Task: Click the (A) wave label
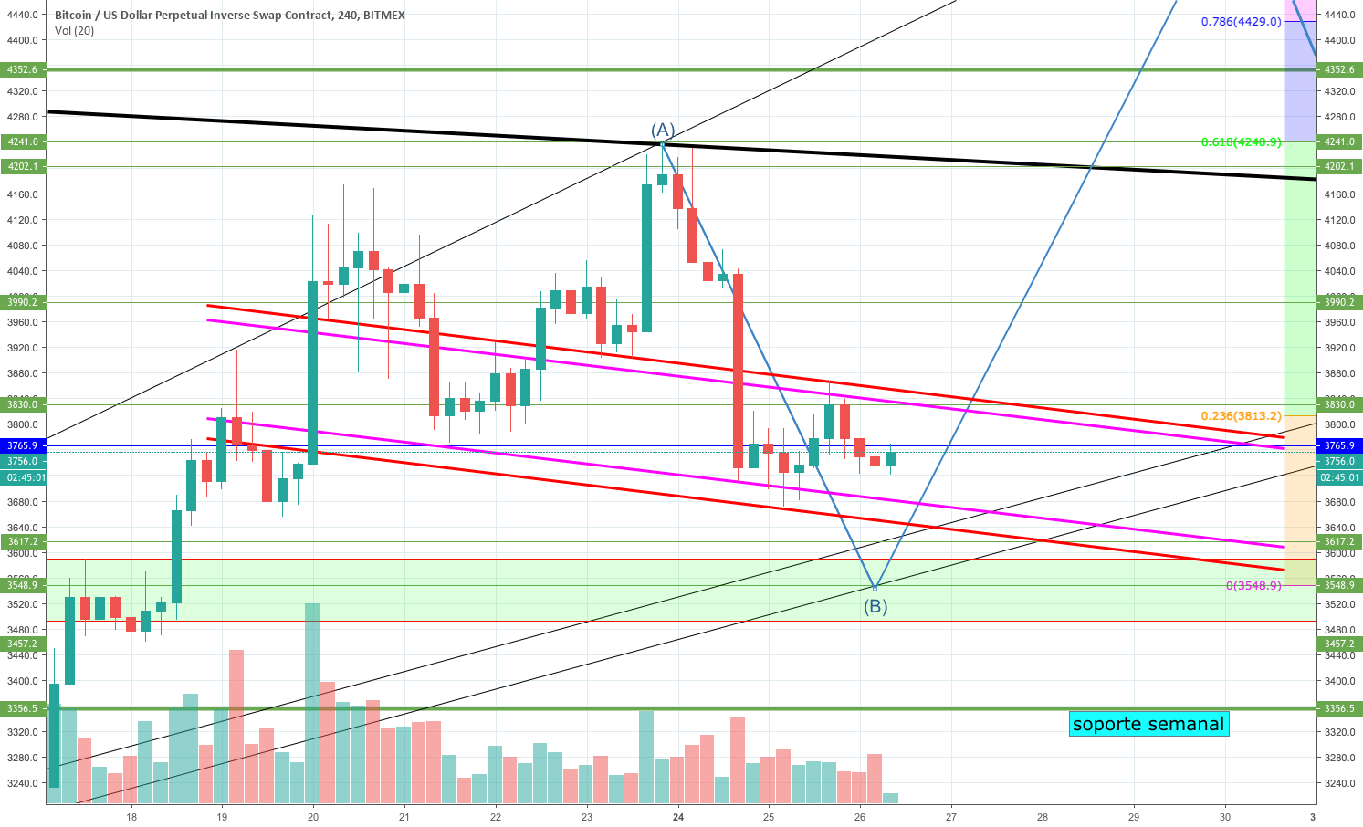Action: point(663,130)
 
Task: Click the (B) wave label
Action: point(875,605)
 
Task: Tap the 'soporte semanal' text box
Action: point(1148,724)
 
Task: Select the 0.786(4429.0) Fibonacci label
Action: point(1241,22)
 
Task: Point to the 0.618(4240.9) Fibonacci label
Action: point(1241,141)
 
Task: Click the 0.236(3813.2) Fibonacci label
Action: point(1241,415)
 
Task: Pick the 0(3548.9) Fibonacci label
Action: point(1253,585)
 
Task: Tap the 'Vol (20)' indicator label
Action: point(74,31)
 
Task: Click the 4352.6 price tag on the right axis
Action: point(1338,69)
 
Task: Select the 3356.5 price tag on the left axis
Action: point(23,708)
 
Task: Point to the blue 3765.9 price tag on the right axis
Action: point(1338,445)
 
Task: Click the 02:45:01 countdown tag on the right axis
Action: point(1338,477)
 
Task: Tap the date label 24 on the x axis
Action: point(677,817)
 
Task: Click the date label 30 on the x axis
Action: point(1224,817)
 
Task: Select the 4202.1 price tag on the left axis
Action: point(23,166)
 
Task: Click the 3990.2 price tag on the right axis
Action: point(1338,302)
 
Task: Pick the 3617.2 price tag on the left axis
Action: point(23,541)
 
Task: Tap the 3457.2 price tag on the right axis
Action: point(1338,644)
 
